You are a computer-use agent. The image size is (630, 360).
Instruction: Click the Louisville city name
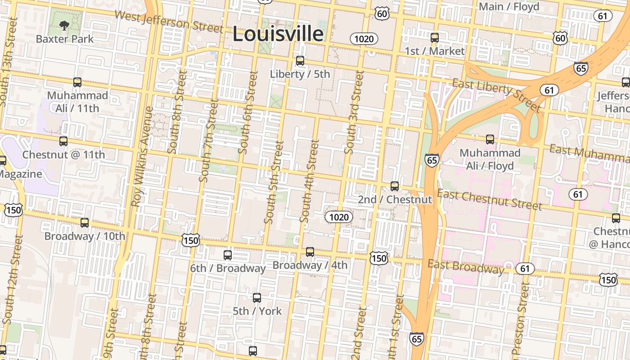278,34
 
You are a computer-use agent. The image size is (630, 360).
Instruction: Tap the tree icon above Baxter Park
64,26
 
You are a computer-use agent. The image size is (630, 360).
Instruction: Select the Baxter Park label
65,39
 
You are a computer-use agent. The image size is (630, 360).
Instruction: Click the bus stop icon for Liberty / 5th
300,61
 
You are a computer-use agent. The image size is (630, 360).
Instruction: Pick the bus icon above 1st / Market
435,38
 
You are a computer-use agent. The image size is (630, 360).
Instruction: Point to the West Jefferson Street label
169,21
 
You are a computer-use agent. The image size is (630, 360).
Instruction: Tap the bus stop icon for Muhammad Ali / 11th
77,82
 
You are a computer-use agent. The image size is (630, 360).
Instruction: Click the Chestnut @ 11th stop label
63,155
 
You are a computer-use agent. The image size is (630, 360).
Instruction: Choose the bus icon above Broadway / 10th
85,223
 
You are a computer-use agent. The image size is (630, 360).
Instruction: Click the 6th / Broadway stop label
227,269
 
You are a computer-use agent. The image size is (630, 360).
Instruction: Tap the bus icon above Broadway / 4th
310,252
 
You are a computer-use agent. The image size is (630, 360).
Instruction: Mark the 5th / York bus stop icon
257,298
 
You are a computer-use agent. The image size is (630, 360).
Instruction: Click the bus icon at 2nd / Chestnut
395,186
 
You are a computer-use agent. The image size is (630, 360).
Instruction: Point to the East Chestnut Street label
490,200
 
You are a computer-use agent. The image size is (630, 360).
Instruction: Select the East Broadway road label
466,267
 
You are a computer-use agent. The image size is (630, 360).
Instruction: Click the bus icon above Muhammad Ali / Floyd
490,139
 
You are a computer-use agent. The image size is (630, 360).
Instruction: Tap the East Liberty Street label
497,95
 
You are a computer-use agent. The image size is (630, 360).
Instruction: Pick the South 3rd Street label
354,112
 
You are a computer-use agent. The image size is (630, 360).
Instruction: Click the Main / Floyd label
509,7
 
